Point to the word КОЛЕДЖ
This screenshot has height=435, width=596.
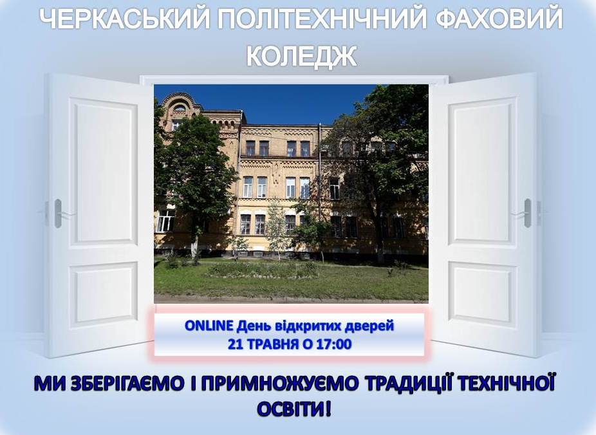click(301, 56)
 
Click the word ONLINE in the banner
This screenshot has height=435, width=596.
click(209, 326)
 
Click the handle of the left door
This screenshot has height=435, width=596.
click(58, 214)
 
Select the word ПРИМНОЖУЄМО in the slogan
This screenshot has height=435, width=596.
click(279, 384)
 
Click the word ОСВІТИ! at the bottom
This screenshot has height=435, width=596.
click(295, 409)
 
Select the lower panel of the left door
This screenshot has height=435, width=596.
click(103, 294)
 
